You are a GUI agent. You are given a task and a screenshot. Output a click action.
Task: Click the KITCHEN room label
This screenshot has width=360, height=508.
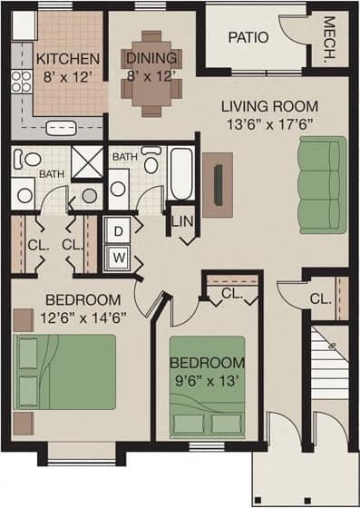pyautogui.click(x=61, y=59)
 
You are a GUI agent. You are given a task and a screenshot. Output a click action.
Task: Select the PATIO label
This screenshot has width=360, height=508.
pyautogui.click(x=246, y=38)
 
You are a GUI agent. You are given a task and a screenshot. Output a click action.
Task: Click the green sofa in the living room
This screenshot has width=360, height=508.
pyautogui.click(x=323, y=185)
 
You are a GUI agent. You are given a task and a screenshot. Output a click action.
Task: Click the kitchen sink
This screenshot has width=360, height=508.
pyautogui.click(x=63, y=127)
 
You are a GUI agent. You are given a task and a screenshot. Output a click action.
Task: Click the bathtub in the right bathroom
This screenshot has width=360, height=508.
pyautogui.click(x=181, y=172)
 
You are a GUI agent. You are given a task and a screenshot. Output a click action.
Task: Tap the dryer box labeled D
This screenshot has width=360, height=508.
pyautogui.click(x=118, y=230)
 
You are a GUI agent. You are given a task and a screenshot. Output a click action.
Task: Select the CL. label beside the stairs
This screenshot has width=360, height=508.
pyautogui.click(x=318, y=298)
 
